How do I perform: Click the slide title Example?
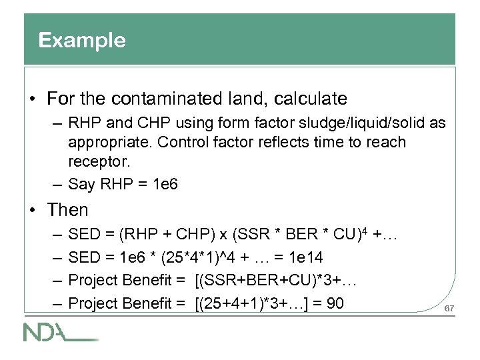81,41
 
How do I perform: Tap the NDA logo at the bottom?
61,331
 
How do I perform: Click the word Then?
68,210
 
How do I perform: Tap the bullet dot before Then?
32,211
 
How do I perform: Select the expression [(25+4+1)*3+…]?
247,303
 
